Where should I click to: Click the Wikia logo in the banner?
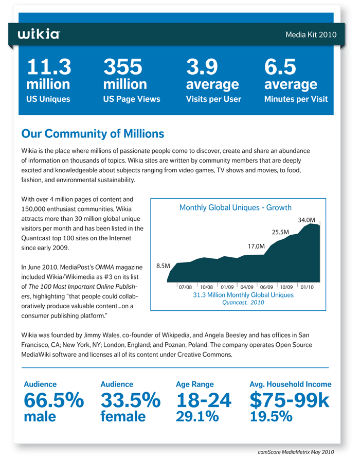point(39,34)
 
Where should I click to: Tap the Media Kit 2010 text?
point(311,34)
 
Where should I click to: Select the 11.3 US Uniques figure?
point(49,67)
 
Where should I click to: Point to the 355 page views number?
point(123,67)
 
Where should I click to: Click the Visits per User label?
point(213,99)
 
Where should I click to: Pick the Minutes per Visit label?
point(296,99)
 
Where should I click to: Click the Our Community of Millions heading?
point(93,134)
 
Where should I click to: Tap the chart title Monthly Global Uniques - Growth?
point(236,207)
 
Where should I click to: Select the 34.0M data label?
point(307,220)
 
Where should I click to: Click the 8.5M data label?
point(163,266)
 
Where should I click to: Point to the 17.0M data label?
point(256,247)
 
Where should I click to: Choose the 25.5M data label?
point(280,232)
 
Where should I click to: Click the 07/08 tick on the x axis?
point(185,287)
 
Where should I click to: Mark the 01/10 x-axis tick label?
point(307,287)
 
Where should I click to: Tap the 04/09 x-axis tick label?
point(247,287)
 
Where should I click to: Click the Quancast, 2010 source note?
point(243,303)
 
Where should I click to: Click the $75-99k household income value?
point(290,400)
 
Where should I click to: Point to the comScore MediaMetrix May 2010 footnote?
point(296,452)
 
